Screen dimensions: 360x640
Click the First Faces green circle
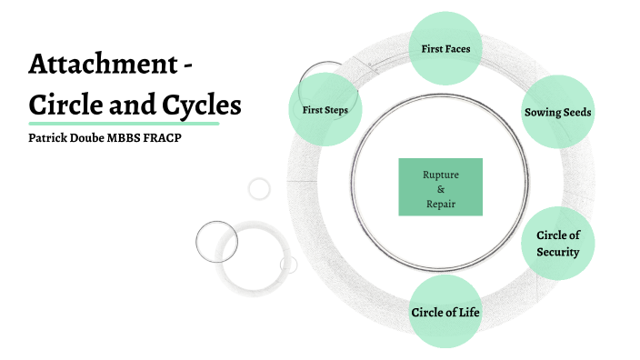[x=445, y=47]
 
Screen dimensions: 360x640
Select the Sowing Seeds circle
[x=558, y=112]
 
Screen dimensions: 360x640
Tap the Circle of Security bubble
[x=557, y=243]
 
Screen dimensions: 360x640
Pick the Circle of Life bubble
[x=445, y=312]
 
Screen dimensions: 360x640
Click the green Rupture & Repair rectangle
[x=440, y=186]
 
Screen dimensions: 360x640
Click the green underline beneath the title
[x=124, y=123]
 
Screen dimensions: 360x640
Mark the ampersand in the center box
[x=440, y=188]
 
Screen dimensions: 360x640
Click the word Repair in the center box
[x=440, y=204]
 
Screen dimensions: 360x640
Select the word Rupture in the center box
[x=440, y=173]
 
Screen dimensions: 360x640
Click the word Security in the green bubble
[x=557, y=252]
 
